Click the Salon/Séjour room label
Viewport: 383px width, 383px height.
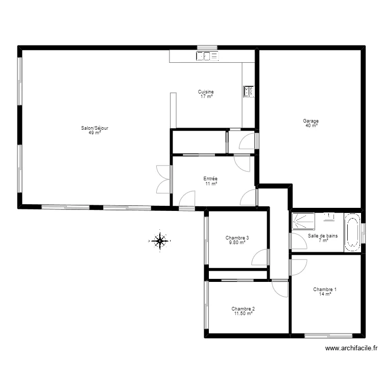[x=94, y=128]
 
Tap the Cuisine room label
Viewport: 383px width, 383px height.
[x=206, y=92]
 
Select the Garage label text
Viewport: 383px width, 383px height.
[x=310, y=121]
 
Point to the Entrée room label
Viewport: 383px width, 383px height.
[x=211, y=179]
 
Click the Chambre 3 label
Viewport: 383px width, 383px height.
[x=237, y=237]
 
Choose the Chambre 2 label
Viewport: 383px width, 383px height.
[x=243, y=308]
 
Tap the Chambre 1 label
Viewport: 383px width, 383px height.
[x=325, y=289]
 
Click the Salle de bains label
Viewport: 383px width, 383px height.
[x=323, y=236]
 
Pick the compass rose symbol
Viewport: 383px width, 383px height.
[x=160, y=240]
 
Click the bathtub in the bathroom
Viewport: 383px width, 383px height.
[x=352, y=232]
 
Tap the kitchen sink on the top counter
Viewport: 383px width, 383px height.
[x=207, y=56]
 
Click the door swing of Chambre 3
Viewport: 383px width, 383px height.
[x=261, y=257]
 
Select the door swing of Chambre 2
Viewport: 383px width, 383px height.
[x=280, y=289]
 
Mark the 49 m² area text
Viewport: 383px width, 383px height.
[x=94, y=133]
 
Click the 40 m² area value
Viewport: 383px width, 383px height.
[x=311, y=126]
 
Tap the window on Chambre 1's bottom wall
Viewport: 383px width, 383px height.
[x=328, y=336]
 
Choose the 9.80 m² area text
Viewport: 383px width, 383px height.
[x=237, y=243]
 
